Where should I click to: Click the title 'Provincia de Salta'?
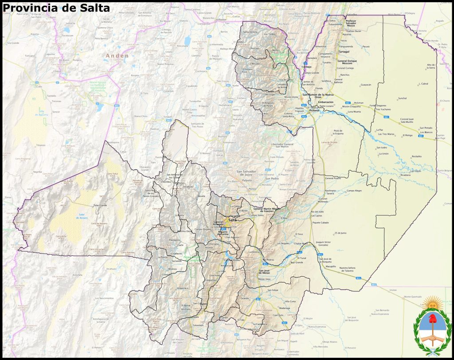tap(56, 8)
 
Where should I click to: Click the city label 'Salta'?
tap(231, 220)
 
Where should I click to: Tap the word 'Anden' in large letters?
tap(117, 56)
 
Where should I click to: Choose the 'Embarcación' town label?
tap(326, 102)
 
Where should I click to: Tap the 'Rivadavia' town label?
tap(405, 175)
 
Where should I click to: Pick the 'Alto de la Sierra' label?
tap(431, 67)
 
